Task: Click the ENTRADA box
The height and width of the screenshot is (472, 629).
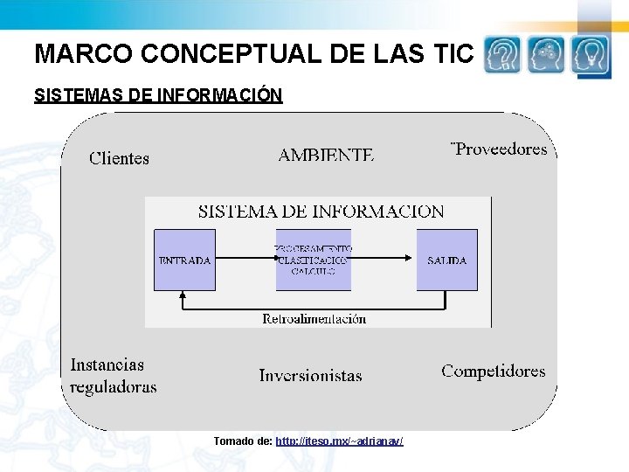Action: coord(184,260)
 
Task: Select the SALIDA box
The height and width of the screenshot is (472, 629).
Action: coord(446,260)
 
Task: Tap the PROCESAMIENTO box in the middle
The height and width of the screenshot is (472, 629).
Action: coord(314,260)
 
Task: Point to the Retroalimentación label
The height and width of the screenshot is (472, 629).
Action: coord(314,319)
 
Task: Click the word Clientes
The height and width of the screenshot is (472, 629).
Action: coord(120,158)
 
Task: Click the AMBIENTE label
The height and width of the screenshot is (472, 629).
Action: coord(326,155)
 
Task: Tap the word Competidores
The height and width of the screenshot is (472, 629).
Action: coord(493,371)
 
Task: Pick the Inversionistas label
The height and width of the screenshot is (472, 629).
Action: coord(310,376)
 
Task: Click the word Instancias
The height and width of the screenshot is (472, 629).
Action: coord(107,364)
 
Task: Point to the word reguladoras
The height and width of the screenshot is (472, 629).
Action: coord(114,386)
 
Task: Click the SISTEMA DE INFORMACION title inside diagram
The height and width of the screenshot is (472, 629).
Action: coord(321,212)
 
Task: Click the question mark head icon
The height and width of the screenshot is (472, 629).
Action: coord(502,56)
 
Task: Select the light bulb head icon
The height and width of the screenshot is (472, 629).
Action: coord(591,56)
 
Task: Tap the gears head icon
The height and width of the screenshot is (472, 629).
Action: coord(547,56)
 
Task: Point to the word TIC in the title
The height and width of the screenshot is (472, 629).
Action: coord(453,54)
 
